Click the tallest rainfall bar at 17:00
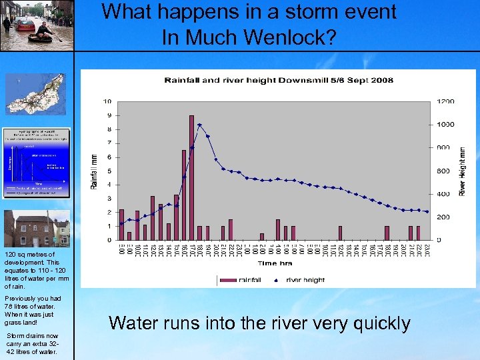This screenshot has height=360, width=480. [x=191, y=177]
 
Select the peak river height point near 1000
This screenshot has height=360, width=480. [x=199, y=125]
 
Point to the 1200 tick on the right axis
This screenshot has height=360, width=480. [x=445, y=101]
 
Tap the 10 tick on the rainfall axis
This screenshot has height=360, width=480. [x=107, y=101]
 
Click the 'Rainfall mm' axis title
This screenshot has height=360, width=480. [x=93, y=171]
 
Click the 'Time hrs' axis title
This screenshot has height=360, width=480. [x=275, y=264]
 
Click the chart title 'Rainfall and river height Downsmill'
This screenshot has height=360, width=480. [x=279, y=81]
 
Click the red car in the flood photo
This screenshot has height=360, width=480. [x=25, y=25]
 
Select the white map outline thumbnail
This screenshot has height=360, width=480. [x=35, y=94]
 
